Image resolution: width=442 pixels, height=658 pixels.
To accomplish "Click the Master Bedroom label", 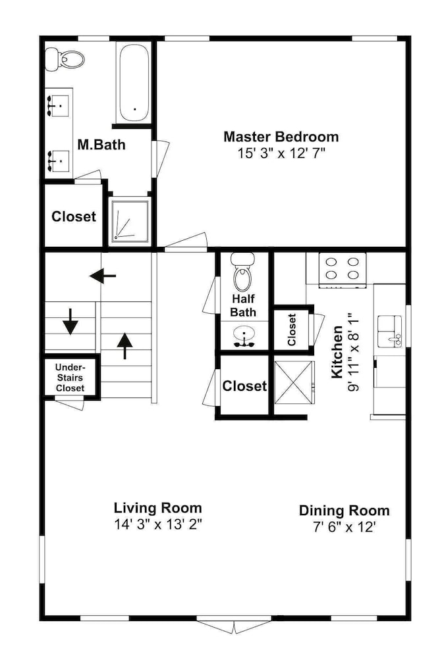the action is (281, 137).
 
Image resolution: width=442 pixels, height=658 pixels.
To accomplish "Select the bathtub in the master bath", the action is (134, 84).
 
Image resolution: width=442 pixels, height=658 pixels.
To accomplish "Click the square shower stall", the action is (130, 221).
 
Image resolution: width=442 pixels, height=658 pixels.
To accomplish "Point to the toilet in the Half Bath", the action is (242, 272).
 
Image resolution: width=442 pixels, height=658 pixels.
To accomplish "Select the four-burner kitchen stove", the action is (343, 270).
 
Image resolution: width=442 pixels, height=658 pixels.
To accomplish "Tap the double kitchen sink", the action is (391, 332).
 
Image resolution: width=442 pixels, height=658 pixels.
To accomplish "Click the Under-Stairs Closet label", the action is (70, 378).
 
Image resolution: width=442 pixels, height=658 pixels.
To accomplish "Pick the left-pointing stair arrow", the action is (103, 276).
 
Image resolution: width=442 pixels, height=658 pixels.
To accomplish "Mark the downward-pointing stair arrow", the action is (70, 322).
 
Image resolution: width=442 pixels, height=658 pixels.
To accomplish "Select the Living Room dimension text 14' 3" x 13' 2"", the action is (158, 524).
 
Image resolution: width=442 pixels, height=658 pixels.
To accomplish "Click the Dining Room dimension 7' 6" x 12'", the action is (344, 526).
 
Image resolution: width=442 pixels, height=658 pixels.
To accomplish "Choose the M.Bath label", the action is (101, 144).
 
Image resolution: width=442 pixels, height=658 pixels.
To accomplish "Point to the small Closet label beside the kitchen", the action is (292, 330).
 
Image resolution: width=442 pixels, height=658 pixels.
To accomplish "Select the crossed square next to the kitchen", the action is (294, 383).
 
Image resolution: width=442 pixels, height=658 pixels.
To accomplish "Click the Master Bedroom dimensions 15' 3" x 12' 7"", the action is (282, 153).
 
